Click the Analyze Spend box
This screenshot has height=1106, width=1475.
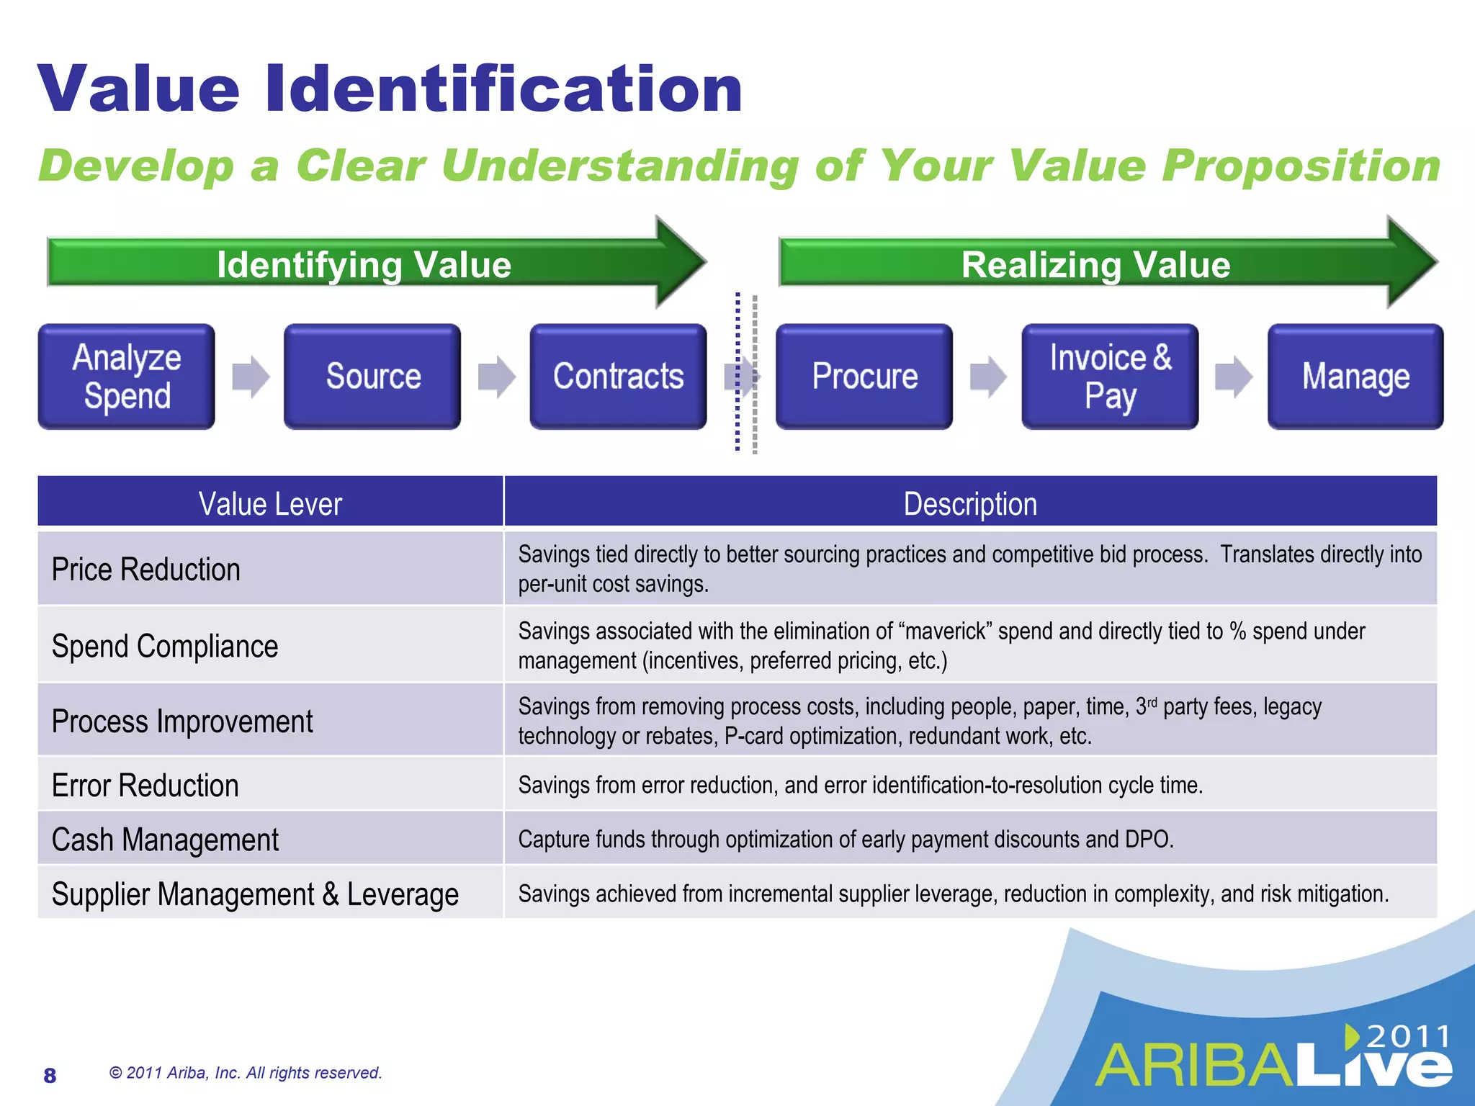[127, 377]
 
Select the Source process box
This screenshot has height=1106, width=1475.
[372, 377]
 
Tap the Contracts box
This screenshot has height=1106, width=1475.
[618, 377]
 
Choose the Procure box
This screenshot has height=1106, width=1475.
[864, 377]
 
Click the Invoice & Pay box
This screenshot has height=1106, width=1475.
[1110, 377]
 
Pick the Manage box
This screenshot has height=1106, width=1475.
[1355, 377]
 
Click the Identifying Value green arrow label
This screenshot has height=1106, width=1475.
[364, 264]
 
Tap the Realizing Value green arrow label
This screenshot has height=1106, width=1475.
[1095, 264]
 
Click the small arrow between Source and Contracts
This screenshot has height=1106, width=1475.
[496, 377]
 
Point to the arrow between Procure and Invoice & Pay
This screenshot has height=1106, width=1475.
[987, 377]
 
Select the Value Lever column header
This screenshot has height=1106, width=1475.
[270, 503]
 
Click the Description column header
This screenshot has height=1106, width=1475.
[970, 503]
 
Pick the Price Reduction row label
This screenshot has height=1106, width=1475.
[146, 570]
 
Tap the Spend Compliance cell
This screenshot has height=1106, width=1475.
[165, 646]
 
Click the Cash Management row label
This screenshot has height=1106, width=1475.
[165, 840]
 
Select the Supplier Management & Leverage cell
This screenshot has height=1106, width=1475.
[255, 894]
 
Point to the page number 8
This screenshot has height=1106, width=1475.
[50, 1075]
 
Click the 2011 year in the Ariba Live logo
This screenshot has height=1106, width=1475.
[1408, 1037]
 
